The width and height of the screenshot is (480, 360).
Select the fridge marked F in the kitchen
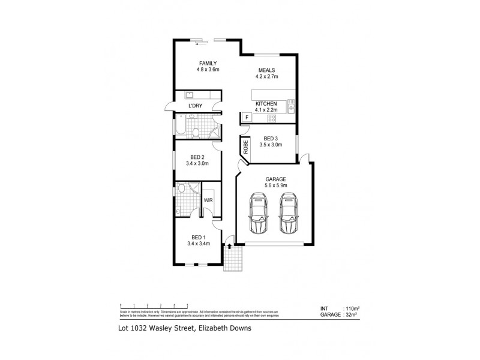tap(246, 117)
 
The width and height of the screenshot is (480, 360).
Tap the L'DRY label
tap(195, 106)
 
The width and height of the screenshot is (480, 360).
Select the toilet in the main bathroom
tap(195, 133)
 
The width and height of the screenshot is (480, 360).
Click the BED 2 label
tap(197, 157)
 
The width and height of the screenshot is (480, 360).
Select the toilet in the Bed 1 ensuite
tap(181, 189)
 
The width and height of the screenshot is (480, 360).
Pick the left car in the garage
tap(259, 213)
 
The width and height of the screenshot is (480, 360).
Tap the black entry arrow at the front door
tap(230, 246)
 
